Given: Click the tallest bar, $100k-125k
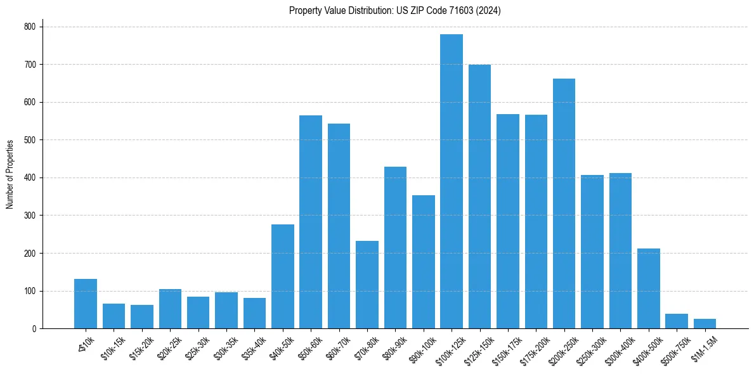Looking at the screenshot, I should (x=452, y=181).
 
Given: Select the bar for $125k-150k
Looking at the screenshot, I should (x=479, y=197).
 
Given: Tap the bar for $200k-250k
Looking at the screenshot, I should (x=564, y=203).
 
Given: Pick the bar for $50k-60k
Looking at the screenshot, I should (x=311, y=222).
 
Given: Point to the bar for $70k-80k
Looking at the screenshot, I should (x=367, y=285).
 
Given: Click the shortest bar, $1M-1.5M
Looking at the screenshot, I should (x=705, y=324).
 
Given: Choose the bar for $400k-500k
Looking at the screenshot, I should (x=648, y=288).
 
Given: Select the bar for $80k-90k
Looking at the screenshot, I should (x=395, y=248).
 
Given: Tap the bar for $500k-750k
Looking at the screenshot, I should (x=677, y=321).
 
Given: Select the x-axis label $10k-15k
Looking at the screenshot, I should (x=112, y=347).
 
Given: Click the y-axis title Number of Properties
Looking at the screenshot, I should (x=10, y=174).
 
